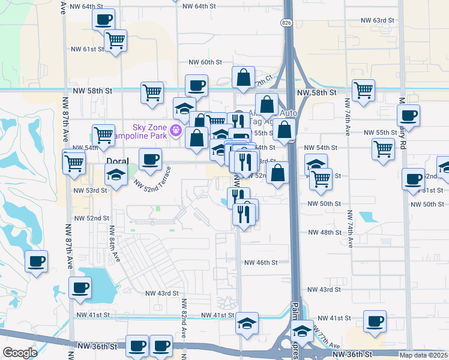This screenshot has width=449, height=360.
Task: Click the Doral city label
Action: (117, 161)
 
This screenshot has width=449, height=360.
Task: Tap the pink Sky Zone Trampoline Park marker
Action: (176, 129)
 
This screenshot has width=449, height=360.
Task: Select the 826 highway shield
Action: (286, 22)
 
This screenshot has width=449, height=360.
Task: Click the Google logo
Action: (20, 352)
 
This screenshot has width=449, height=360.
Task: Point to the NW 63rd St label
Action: (378, 20)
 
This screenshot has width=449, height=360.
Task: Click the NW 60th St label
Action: (205, 62)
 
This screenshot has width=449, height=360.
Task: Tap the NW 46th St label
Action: (261, 262)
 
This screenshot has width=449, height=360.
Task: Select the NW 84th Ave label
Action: (112, 241)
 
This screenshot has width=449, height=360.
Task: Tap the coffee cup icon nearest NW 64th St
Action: (103, 19)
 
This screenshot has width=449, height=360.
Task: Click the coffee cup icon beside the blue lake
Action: (80, 287)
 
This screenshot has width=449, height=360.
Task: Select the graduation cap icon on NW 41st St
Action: (246, 323)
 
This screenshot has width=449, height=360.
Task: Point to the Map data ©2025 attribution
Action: (423, 355)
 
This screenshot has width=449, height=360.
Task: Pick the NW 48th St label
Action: (324, 232)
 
